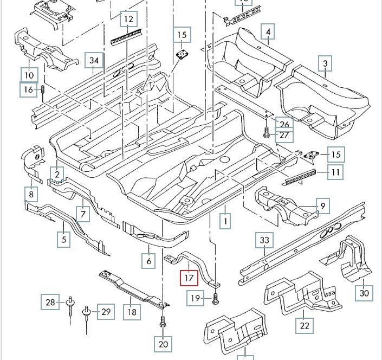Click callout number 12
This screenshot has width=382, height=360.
point(128,20)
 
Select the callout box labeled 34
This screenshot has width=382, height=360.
point(94,60)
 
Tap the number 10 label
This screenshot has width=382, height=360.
point(29,74)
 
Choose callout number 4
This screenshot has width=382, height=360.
point(268,33)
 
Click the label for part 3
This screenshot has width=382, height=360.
point(325,64)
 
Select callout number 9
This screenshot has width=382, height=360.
point(322,206)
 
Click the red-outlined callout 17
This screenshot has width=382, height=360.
point(189,279)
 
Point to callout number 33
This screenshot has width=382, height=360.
point(264,240)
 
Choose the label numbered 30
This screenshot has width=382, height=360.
point(364,293)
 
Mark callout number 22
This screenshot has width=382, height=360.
point(305,325)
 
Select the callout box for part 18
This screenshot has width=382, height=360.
point(132,312)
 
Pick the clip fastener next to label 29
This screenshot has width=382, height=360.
point(86,313)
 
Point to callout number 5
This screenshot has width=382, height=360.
point(63,239)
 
